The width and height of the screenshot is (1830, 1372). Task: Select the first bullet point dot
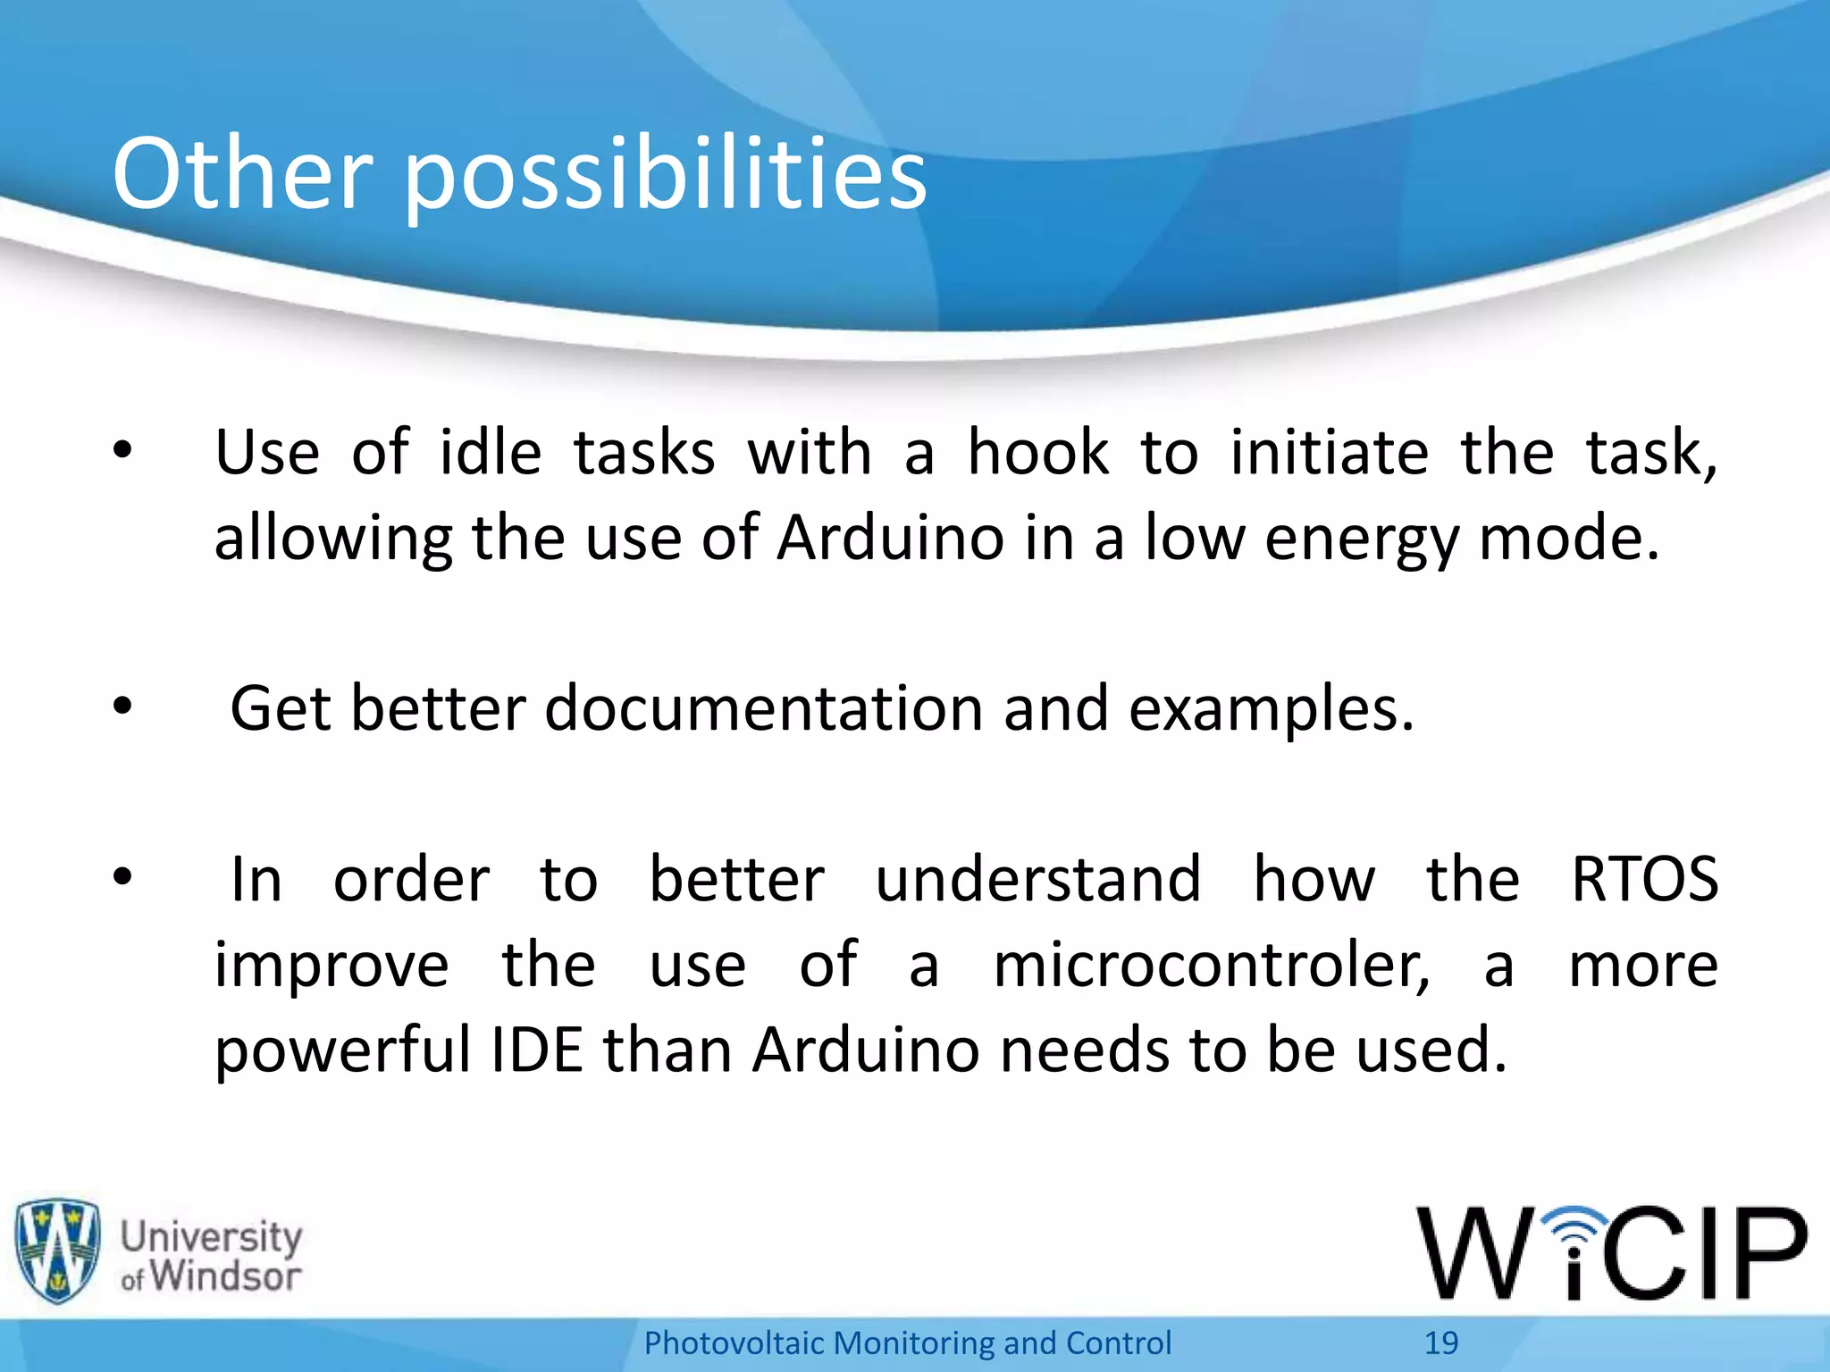pyautogui.click(x=122, y=452)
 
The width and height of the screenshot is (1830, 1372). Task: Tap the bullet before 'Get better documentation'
pyautogui.click(x=122, y=707)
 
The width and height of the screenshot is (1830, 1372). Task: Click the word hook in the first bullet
pyautogui.click(x=1037, y=452)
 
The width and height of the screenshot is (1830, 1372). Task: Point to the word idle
pyautogui.click(x=491, y=452)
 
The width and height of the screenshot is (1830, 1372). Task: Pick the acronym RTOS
pyautogui.click(x=1644, y=880)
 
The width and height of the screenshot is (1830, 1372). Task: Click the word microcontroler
pyautogui.click(x=1211, y=966)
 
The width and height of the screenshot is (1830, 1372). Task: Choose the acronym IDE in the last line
pyautogui.click(x=536, y=1050)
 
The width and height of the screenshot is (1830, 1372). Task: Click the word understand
pyautogui.click(x=1037, y=880)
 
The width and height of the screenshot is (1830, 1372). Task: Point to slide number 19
pyautogui.click(x=1440, y=1343)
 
